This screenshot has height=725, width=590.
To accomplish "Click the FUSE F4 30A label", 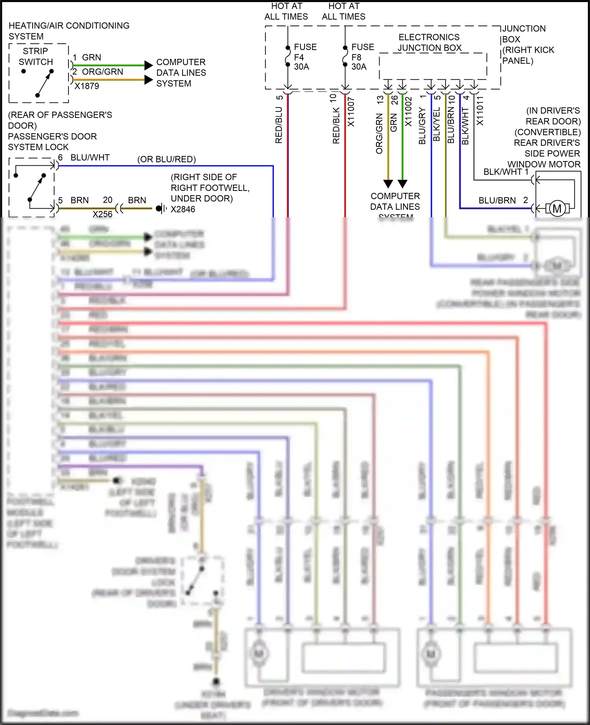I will click(x=305, y=57).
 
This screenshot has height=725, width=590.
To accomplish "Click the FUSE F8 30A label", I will click(x=362, y=57).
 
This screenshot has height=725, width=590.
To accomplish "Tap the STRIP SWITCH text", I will click(x=35, y=57).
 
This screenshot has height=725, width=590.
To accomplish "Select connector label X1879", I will click(x=87, y=86).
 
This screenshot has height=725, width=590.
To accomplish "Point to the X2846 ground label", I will click(x=183, y=209).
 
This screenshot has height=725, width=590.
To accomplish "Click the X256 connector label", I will click(x=102, y=214).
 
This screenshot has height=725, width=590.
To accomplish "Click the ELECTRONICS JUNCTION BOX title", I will click(x=429, y=42).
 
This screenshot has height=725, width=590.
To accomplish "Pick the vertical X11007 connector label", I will click(x=351, y=112).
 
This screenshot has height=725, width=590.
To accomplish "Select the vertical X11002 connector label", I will click(x=408, y=112).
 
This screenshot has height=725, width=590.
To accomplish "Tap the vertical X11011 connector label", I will click(x=480, y=111).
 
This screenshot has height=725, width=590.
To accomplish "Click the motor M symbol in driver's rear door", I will click(x=557, y=209).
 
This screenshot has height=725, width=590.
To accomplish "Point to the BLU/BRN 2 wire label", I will click(x=503, y=200).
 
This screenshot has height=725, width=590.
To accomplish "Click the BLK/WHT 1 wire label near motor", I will click(x=505, y=172).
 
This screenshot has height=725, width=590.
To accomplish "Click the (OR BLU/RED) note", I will click(x=166, y=159).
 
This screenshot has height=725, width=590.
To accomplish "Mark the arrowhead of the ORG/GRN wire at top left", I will click(x=149, y=80).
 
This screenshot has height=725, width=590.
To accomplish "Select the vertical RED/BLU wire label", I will click(x=279, y=125).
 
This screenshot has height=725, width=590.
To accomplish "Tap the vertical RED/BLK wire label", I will click(x=336, y=126).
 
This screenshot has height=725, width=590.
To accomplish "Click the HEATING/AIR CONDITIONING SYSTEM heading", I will click(x=69, y=31).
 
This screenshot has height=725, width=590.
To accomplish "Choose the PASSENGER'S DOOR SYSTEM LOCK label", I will click(x=52, y=142).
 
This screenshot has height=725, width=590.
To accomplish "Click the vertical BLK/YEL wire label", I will click(x=436, y=124).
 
